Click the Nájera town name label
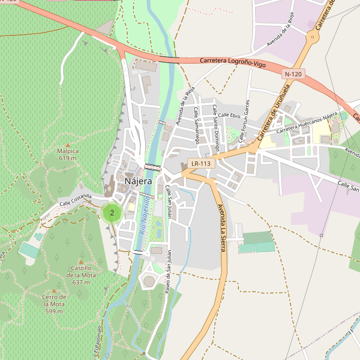139,181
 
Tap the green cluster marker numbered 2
112,212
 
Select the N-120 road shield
293,74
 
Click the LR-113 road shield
202,163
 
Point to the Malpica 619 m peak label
68,155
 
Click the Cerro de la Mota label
55,304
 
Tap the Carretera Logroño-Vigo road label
232,62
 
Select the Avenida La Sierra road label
222,227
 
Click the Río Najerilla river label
143,217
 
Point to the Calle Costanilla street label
75,200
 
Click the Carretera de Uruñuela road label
274,113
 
